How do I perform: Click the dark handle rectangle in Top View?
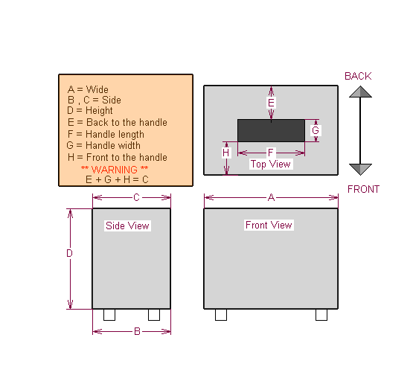[x=271, y=131]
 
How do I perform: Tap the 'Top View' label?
[x=271, y=164]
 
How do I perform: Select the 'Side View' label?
[x=127, y=226]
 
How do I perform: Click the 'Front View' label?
[x=269, y=225]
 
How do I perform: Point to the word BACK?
[x=358, y=76]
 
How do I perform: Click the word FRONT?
[x=363, y=189]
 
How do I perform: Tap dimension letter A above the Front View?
[x=271, y=197]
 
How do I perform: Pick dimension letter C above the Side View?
[x=136, y=197]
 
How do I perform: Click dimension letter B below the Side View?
[x=137, y=331]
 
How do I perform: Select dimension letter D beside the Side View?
[x=69, y=253]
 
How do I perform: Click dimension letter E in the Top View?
[x=271, y=103]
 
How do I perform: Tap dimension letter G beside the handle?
[x=316, y=130]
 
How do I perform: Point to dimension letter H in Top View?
[x=225, y=153]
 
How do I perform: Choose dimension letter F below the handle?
[x=271, y=153]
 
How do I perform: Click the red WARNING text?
[x=115, y=170]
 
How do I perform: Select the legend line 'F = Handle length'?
[x=106, y=135]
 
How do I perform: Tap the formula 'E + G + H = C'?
[x=117, y=179]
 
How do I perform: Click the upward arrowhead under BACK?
[x=360, y=92]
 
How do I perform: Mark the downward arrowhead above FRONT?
[x=360, y=170]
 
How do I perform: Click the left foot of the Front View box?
[x=221, y=315]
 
